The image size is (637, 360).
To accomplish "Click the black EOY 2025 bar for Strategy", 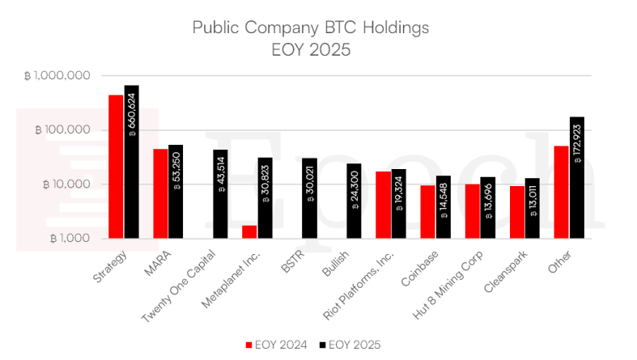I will pos(131,161).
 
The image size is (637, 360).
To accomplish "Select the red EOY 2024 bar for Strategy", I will pos(116,166).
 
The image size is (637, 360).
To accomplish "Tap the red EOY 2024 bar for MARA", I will pos(160,193).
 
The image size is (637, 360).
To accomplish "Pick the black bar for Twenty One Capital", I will pos(220,193).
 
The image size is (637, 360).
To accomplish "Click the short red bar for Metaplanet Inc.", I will pos(249,231).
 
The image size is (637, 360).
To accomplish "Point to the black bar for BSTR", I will pos(309,197).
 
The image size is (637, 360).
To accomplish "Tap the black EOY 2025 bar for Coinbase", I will pos(443,206).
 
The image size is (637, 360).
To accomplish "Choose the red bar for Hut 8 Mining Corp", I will pos(472,211).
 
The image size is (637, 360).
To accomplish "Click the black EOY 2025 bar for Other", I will pos(576,177).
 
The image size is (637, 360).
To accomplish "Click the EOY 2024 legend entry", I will pos(275,345).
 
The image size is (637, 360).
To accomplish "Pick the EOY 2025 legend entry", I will pos(353,345).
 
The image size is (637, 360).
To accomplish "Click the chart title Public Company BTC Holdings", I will pos(310,28).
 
